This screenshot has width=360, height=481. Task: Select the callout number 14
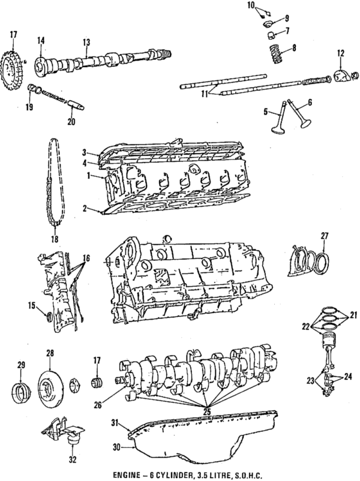point(41,40)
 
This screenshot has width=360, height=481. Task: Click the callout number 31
point(117,423)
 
